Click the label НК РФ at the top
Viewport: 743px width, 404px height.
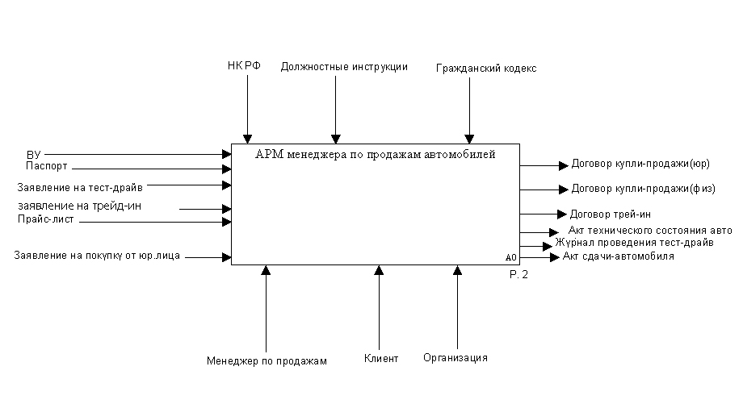244,66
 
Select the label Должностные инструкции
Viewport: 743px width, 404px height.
344,67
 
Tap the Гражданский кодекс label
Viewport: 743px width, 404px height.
486,69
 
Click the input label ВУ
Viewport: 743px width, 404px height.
33,153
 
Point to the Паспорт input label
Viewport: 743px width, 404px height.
47,166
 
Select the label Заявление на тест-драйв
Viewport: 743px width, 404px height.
80,187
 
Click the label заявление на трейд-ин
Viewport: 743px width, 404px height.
79,206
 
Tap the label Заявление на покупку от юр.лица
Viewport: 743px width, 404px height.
97,256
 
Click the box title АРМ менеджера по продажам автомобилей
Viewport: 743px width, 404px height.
375,153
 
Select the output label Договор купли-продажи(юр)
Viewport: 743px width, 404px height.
640,164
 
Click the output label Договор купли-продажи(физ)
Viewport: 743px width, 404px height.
643,189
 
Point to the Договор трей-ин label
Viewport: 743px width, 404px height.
611,214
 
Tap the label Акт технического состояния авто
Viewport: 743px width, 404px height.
650,230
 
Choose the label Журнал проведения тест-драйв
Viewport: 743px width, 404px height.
634,242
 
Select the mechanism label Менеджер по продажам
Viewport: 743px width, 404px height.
267,360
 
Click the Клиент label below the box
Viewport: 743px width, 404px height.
381,358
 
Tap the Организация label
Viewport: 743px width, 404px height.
455,357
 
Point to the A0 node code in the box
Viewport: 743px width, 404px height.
510,257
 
